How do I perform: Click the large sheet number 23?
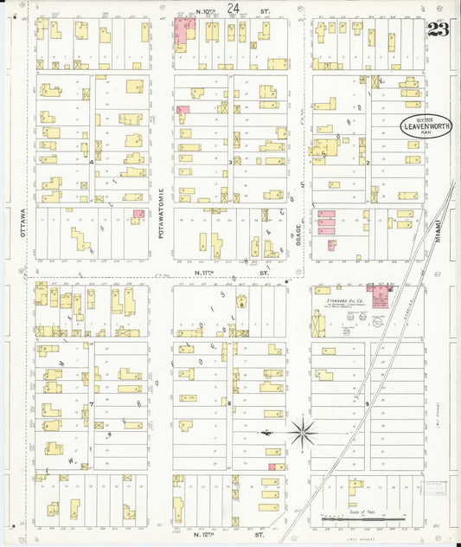click(438, 29)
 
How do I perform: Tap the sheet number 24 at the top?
click(233, 8)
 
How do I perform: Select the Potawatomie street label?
click(161, 212)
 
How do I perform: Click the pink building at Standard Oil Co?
click(379, 293)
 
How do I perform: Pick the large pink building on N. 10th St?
click(184, 32)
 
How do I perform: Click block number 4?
click(90, 161)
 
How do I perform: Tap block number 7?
click(90, 403)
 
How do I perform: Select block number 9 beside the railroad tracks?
click(367, 403)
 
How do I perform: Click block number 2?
click(367, 162)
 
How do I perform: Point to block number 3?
click(229, 162)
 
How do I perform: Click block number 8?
click(229, 403)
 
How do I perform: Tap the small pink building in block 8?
click(273, 467)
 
